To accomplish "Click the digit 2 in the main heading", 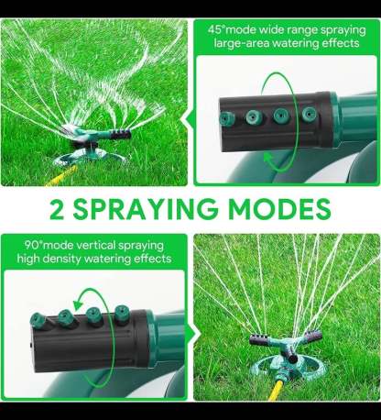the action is [x=57, y=209].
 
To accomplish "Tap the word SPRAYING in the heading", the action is [x=146, y=209].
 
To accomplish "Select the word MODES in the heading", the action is [x=279, y=209].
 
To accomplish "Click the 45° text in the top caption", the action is [x=216, y=30].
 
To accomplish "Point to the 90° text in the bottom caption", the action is [x=34, y=245].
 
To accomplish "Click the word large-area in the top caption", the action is [x=241, y=44].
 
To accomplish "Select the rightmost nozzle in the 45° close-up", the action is [x=310, y=115].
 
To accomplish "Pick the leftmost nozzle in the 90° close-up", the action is [x=38, y=321].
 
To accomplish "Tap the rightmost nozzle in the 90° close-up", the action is [x=123, y=313].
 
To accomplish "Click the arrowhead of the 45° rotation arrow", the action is [x=268, y=158].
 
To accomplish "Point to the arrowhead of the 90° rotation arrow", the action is [x=79, y=304].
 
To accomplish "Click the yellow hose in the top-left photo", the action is [x=61, y=176].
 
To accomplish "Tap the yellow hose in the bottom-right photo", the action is [x=277, y=390].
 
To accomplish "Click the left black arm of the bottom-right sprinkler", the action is [x=260, y=340].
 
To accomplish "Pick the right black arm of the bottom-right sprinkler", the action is [x=312, y=337].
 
